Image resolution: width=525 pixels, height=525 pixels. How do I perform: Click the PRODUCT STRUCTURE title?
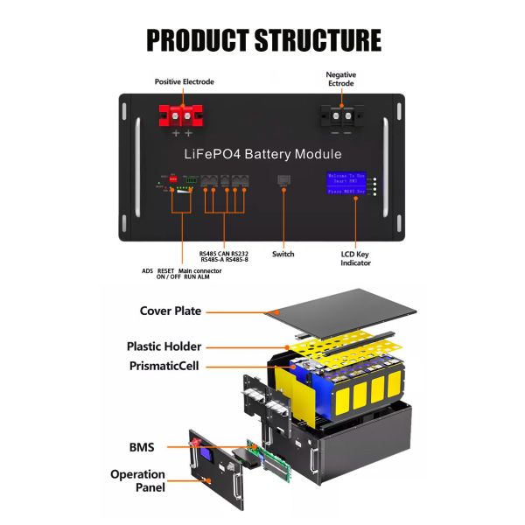(262, 40)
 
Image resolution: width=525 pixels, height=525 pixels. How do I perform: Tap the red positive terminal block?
(181, 115)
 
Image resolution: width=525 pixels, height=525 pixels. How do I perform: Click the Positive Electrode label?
(184, 81)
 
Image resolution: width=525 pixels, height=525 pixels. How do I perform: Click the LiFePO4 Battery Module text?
(262, 154)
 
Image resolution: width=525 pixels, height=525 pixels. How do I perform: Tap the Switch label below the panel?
(283, 255)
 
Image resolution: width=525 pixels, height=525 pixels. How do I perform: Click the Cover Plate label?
(171, 311)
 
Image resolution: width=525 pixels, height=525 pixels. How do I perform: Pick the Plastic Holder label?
(164, 346)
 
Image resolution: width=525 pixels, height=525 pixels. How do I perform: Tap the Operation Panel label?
(137, 480)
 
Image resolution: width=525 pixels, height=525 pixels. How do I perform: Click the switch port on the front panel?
(283, 180)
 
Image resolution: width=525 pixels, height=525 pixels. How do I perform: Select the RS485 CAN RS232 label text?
(222, 254)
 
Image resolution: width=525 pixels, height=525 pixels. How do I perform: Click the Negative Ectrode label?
(340, 80)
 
